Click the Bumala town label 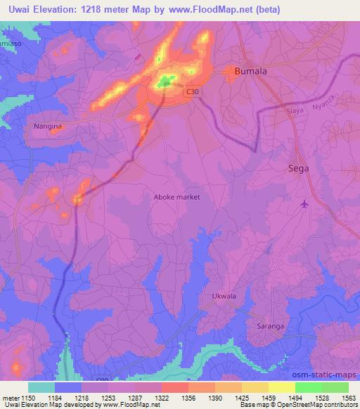(x=252, y=71)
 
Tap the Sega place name (x=300, y=169)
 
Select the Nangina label (x=49, y=126)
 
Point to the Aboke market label (x=176, y=197)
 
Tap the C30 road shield (x=193, y=91)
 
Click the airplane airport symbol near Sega (x=304, y=204)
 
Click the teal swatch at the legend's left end (x=41, y=387)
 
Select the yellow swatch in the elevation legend (x=281, y=387)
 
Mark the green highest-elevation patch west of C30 (x=166, y=82)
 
